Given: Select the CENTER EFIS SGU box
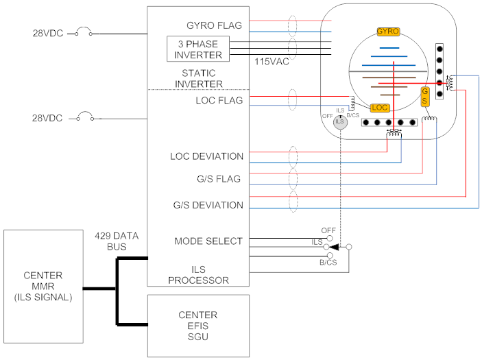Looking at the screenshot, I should click(x=198, y=326).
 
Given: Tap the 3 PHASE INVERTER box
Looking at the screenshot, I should click(x=198, y=49).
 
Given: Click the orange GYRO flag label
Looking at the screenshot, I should click(x=388, y=32).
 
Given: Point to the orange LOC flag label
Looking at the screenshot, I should click(x=379, y=108).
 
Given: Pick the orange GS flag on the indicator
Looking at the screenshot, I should click(x=425, y=96).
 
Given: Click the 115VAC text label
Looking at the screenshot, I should click(x=270, y=62).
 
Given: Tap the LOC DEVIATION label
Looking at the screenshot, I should click(x=206, y=156).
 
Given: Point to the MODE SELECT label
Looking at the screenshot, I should click(x=208, y=241).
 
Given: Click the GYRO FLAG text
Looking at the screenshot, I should click(x=214, y=26).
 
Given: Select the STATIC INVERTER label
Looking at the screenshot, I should click(x=198, y=78).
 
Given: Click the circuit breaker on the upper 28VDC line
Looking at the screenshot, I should click(x=83, y=31).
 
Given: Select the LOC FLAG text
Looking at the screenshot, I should click(x=219, y=101).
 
